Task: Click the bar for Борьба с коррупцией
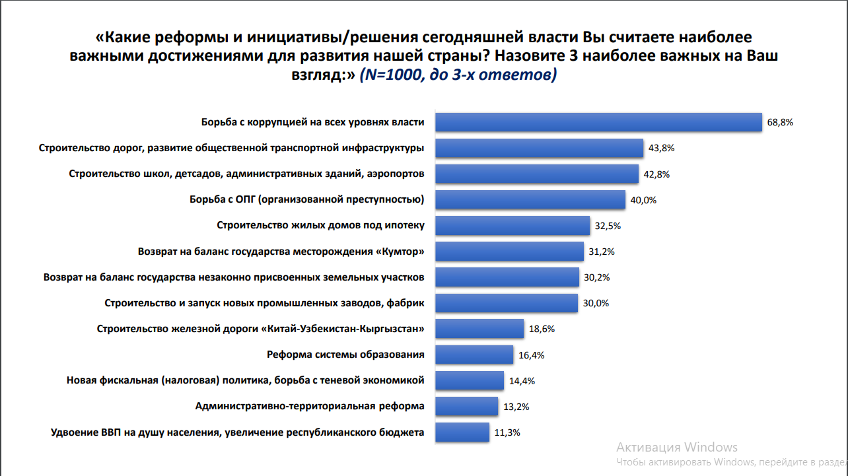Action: (x=600, y=123)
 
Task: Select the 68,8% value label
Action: (x=779, y=123)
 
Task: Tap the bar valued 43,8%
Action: (x=540, y=148)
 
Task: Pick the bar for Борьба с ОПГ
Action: (x=530, y=199)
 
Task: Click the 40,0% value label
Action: (x=643, y=200)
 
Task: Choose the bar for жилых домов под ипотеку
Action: (x=512, y=226)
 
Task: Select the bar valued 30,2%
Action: (x=507, y=277)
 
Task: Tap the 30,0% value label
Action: (x=596, y=304)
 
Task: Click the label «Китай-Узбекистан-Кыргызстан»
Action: (x=343, y=329)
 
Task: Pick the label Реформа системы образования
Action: (x=345, y=355)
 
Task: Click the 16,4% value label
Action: (x=531, y=355)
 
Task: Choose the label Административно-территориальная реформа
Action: (x=310, y=406)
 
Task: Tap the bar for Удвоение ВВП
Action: (x=462, y=432)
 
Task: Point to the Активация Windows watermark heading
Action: (x=677, y=447)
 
